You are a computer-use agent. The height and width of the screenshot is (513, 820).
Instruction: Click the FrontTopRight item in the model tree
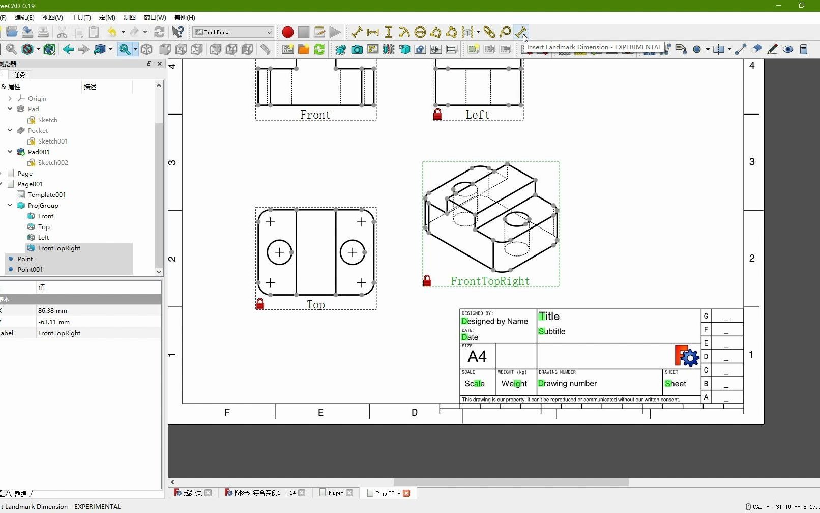tap(59, 248)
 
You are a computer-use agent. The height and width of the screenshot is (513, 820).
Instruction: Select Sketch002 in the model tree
tap(53, 163)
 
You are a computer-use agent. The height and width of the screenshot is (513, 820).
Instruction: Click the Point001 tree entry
tap(30, 270)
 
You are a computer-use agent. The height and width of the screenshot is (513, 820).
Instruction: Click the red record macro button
tap(287, 32)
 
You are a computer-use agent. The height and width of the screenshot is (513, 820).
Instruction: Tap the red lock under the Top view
tap(260, 304)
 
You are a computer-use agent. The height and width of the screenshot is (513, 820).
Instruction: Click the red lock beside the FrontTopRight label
tap(427, 281)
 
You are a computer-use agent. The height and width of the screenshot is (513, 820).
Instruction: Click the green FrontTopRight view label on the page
tap(490, 281)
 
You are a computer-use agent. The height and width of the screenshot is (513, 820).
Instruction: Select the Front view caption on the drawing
tap(315, 115)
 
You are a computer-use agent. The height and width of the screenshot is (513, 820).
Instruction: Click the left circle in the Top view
tap(279, 252)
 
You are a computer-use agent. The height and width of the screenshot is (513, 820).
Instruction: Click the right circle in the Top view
tap(353, 252)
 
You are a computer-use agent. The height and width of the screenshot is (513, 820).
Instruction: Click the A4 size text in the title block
tap(477, 357)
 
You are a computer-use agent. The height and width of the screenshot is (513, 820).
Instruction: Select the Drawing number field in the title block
tap(567, 384)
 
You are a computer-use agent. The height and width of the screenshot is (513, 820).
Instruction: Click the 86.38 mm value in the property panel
tap(52, 311)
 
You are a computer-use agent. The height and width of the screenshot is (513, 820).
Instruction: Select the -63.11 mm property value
tap(54, 322)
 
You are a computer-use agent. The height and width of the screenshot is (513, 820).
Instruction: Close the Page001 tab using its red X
tap(406, 493)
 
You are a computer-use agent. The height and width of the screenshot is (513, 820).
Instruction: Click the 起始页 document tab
tap(192, 493)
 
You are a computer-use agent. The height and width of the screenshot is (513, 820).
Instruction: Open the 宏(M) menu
tap(107, 17)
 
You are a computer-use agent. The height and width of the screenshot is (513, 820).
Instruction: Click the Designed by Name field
tap(494, 322)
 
